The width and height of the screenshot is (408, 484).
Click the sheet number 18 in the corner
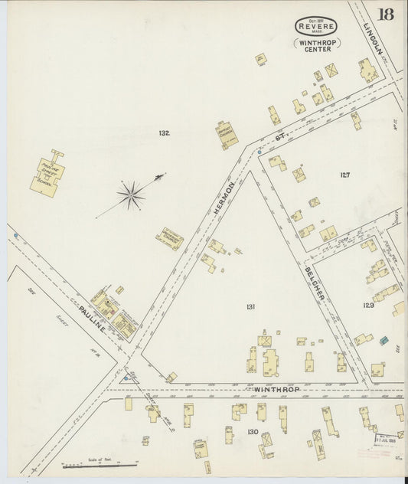[x=386, y=15]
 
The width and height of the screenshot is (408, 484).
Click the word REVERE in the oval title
[x=317, y=27]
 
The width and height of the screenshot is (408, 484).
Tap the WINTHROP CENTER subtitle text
[x=317, y=46]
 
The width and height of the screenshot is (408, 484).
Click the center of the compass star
[x=132, y=195]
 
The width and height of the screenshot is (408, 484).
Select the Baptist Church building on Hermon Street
[x=227, y=135]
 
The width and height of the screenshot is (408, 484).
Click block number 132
[x=164, y=133]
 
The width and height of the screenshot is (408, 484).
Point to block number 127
[x=344, y=175]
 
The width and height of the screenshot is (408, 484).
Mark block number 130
[x=251, y=432]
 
